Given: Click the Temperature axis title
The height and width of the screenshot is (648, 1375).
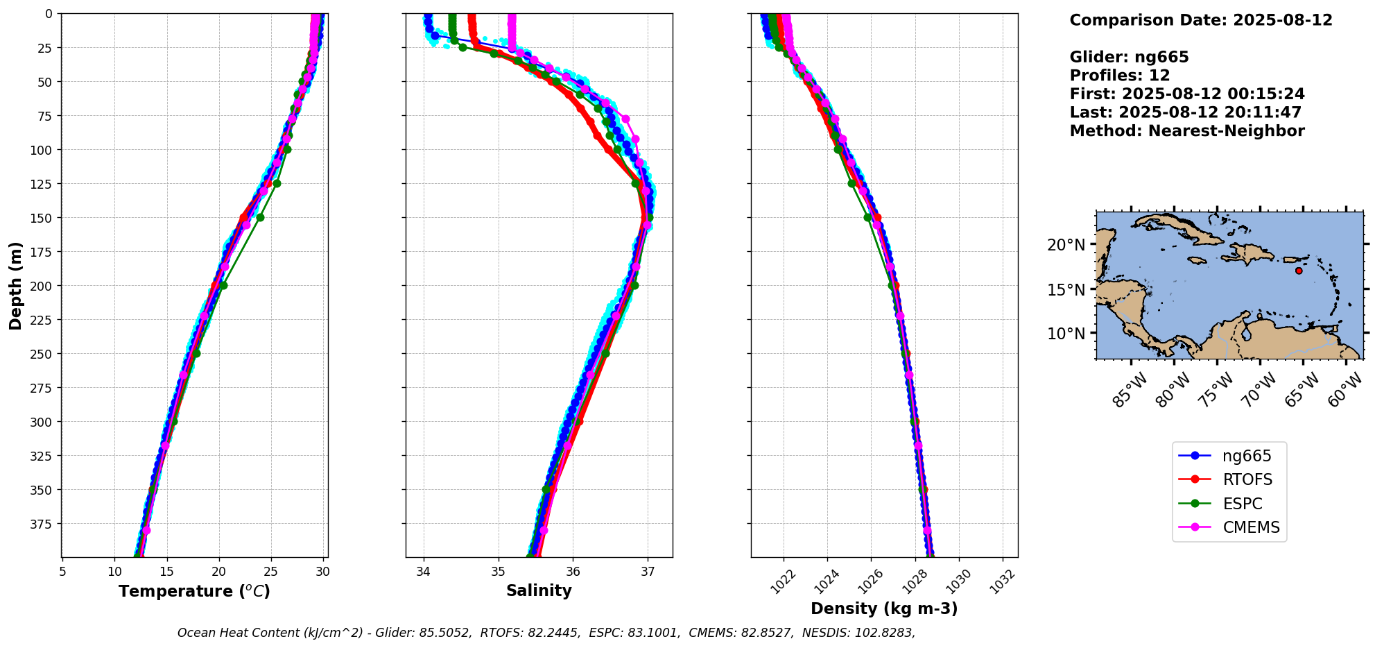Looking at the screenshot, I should (x=194, y=592).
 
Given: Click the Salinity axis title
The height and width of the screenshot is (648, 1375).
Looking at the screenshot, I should (x=539, y=591).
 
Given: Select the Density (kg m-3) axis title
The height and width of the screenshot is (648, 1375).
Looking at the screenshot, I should (x=884, y=609).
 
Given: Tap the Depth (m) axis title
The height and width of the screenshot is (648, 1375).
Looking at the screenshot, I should (x=16, y=286).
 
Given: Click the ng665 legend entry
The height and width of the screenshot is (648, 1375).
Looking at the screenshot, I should (x=1246, y=457).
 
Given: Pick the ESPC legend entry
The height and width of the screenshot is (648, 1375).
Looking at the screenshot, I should (x=1242, y=504).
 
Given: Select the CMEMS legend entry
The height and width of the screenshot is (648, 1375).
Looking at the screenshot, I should (x=1251, y=528).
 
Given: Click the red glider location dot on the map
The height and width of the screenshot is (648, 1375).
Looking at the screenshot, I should (x=1299, y=271).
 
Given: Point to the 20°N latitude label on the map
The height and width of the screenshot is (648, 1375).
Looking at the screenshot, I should (x=1066, y=245).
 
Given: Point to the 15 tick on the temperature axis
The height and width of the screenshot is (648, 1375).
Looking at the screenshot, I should (x=166, y=572).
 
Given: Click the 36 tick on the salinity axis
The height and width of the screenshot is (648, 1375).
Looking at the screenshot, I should (x=573, y=572).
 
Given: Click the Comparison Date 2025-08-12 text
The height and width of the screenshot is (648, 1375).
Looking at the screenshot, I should (x=1201, y=20).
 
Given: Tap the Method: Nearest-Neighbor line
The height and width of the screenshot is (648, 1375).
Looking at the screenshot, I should (x=1187, y=131).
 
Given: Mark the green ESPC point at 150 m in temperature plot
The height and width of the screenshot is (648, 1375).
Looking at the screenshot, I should (x=260, y=217).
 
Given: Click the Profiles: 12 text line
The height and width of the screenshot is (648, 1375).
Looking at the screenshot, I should (x=1120, y=76).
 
